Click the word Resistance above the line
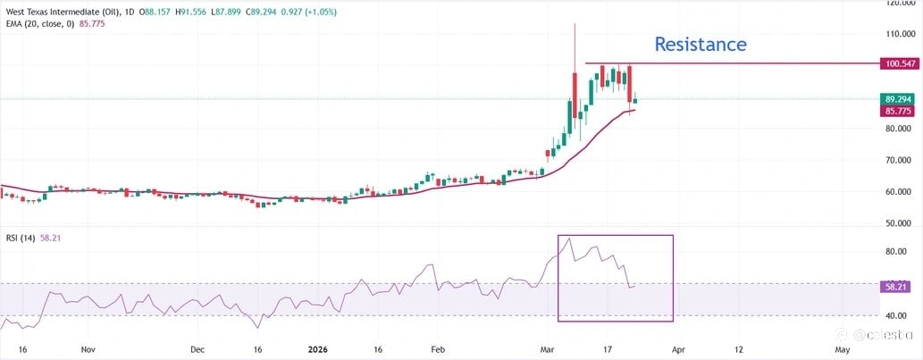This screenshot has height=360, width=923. [x=700, y=44]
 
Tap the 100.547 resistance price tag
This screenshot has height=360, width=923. [x=901, y=64]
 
